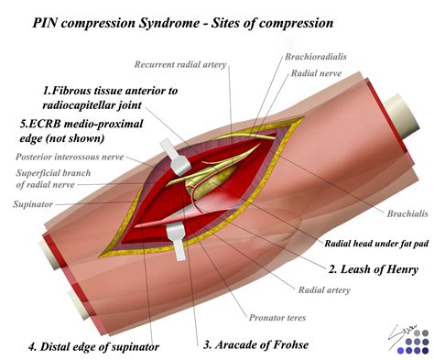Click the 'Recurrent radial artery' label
click(180, 64)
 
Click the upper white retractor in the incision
click(176, 158)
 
